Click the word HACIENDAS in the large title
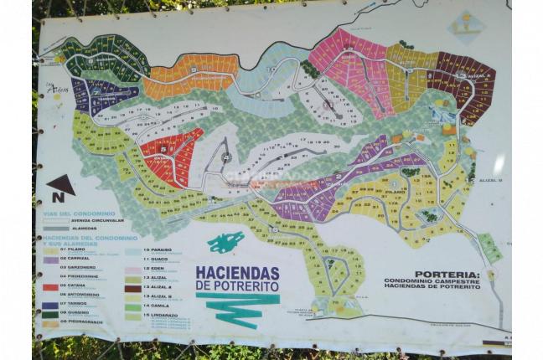pos(237,273)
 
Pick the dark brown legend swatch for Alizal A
pos(132,287)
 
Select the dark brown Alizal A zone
pos(465,80)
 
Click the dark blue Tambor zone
pos(96,95)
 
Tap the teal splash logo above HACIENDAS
pos(226,243)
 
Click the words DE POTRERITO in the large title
pos(237,286)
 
